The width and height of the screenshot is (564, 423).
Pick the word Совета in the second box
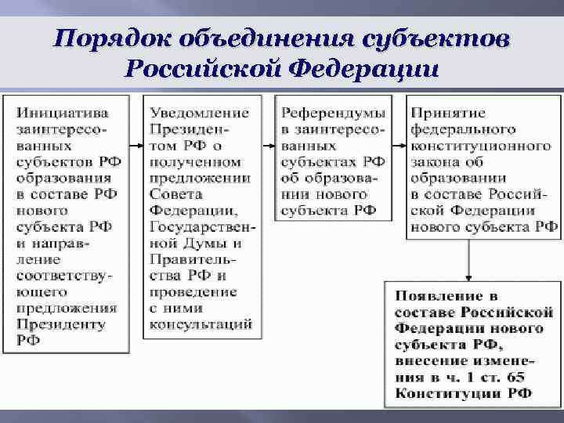pos(175,194)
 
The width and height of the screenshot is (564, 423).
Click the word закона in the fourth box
pos(435,162)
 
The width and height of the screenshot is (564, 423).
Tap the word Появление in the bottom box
pos(436,297)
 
